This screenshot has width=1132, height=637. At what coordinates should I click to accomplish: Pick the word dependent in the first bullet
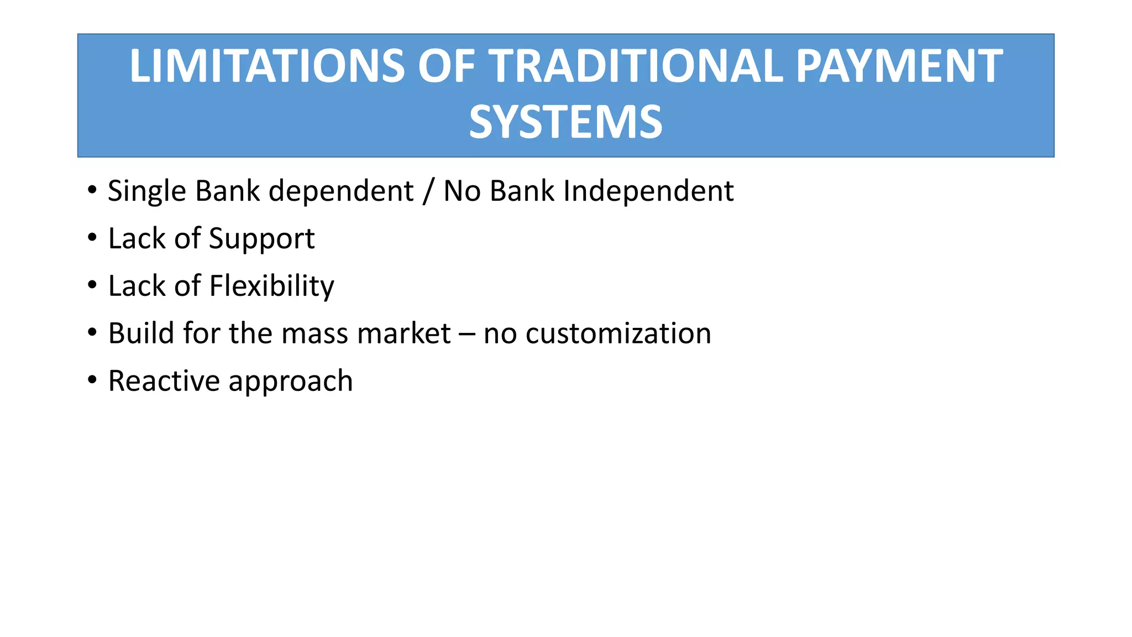(341, 192)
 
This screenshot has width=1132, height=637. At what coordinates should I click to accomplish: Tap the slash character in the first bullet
(428, 192)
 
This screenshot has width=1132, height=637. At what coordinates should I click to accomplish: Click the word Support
(261, 239)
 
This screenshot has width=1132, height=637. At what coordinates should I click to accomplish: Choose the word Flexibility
(271, 287)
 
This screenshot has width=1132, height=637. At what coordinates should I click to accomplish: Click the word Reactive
(164, 382)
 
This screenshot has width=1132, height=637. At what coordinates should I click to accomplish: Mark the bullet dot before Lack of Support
(92, 238)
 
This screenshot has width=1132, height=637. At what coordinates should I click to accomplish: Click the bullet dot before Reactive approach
(92, 380)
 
